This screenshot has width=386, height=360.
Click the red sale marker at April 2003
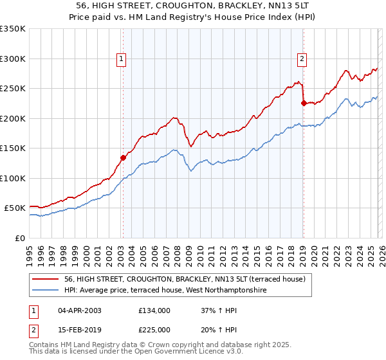coord(123,157)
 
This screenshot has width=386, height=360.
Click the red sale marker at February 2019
coord(303,102)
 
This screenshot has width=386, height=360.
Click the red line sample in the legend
coord(46,279)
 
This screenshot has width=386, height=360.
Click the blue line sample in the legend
coord(46,291)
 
